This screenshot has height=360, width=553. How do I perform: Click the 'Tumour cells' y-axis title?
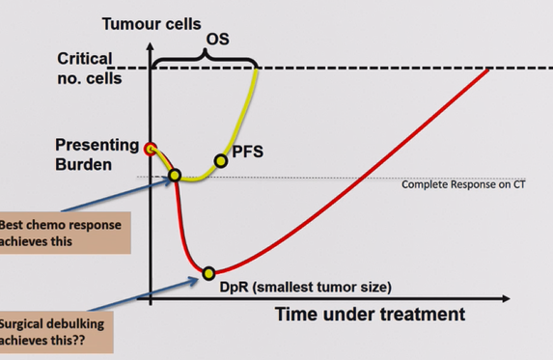pyautogui.click(x=152, y=24)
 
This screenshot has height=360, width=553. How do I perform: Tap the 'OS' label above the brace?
pyautogui.click(x=217, y=40)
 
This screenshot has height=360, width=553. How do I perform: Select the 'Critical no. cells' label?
pyautogui.click(x=89, y=69)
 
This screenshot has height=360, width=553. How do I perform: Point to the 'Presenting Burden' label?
pyautogui.click(x=97, y=154)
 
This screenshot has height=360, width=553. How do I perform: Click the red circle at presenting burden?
pyautogui.click(x=151, y=149)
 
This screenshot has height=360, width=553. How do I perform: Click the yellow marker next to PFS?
pyautogui.click(x=221, y=161)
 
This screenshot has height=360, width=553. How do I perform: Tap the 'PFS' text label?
pyautogui.click(x=248, y=152)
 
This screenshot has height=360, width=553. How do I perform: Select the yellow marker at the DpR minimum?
pyautogui.click(x=208, y=273)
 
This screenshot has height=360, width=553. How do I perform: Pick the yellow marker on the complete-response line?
pyautogui.click(x=175, y=176)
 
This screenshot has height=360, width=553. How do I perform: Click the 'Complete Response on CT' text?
pyautogui.click(x=463, y=184)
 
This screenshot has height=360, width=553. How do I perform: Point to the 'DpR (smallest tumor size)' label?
pyautogui.click(x=305, y=287)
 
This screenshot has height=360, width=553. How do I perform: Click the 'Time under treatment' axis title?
pyautogui.click(x=370, y=314)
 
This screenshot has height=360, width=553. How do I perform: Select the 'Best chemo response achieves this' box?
pyautogui.click(x=66, y=233)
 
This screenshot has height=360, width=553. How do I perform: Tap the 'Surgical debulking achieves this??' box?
pyautogui.click(x=57, y=332)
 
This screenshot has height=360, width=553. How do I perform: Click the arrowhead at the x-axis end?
pyautogui.click(x=506, y=298)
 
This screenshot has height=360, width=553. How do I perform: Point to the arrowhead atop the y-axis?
pyautogui.click(x=151, y=46)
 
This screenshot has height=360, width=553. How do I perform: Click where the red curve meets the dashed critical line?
pyautogui.click(x=488, y=69)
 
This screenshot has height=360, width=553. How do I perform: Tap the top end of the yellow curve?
pyautogui.click(x=257, y=69)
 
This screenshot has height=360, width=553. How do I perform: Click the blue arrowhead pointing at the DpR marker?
pyautogui.click(x=194, y=281)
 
